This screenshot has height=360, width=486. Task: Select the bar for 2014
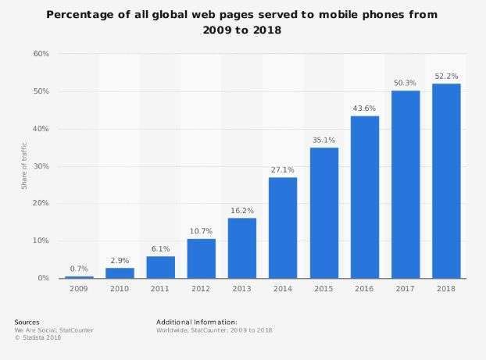[x=283, y=227]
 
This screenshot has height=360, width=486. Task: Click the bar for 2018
[x=446, y=180]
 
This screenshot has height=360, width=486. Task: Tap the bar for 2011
[x=160, y=266]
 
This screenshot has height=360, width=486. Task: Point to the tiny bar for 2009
[x=79, y=276]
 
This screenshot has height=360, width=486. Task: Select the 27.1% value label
[x=283, y=169]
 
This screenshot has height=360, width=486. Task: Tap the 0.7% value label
[x=79, y=268]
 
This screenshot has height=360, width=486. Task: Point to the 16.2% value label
[x=242, y=209]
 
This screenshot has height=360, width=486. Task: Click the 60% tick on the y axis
[x=41, y=54]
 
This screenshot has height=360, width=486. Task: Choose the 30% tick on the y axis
[x=41, y=166]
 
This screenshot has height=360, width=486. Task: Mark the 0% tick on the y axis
[x=44, y=278]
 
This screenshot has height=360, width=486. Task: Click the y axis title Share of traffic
[x=24, y=166]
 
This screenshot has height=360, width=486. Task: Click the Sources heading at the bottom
[x=27, y=322]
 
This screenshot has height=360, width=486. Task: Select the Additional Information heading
[x=197, y=322]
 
